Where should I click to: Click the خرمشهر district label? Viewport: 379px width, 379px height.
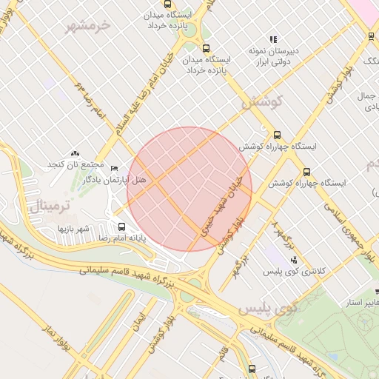tap(87, 27)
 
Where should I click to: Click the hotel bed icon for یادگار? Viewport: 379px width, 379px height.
tap(113, 169)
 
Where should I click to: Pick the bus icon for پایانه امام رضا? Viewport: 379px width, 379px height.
tap(121, 227)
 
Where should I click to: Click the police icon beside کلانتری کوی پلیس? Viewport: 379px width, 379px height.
tap(294, 260)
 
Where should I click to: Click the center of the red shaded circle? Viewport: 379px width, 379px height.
tap(189, 189)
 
